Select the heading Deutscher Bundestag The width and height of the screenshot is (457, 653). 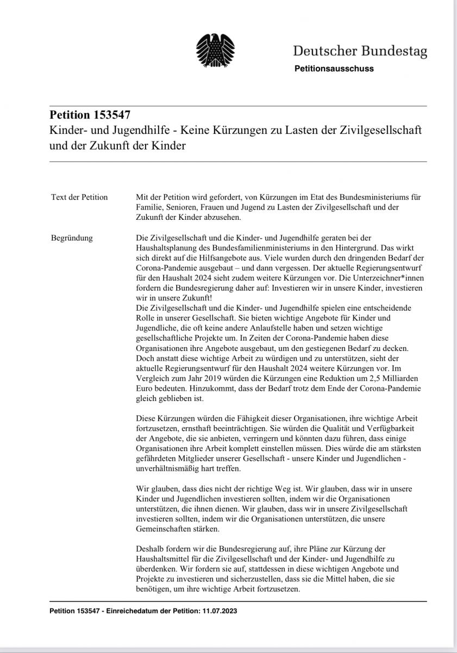(x=360, y=52)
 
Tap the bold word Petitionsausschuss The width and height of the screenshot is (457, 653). (x=334, y=69)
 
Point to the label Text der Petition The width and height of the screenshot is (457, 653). (x=79, y=197)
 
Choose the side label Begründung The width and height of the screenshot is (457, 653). (x=72, y=238)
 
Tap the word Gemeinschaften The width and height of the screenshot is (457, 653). (x=166, y=528)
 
